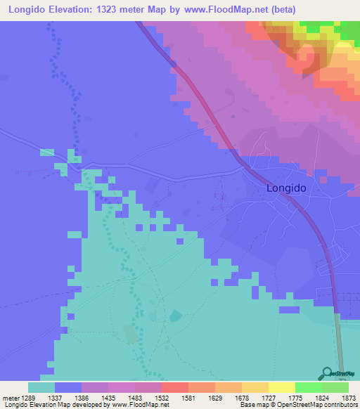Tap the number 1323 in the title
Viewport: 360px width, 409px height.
click(115, 10)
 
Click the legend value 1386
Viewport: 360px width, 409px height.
click(81, 397)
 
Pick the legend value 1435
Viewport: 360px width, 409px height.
click(108, 397)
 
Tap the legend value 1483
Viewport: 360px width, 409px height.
click(134, 397)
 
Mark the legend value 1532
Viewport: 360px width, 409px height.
click(161, 397)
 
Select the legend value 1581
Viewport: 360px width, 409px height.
click(188, 397)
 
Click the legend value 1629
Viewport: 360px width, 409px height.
click(214, 397)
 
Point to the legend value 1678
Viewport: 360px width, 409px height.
click(241, 397)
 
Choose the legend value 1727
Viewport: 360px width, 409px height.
click(268, 397)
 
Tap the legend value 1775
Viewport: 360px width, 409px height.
click(295, 397)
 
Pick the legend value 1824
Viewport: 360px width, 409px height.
click(321, 397)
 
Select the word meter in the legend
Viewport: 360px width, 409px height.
click(11, 397)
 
